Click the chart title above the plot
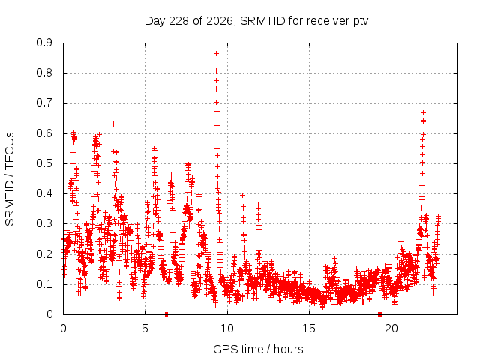(258, 21)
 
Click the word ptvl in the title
(362, 22)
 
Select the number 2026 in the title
(220, 21)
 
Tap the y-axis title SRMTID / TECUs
(10, 179)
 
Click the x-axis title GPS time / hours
(258, 349)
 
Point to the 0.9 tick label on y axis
(44, 43)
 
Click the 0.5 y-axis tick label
(44, 163)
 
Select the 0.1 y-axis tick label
(44, 284)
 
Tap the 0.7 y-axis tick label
(44, 103)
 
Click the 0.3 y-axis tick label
(44, 223)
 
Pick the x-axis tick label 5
(145, 328)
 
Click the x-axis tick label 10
(226, 328)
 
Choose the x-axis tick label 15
(309, 328)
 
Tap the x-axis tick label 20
(391, 328)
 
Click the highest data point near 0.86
(216, 54)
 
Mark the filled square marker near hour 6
(166, 314)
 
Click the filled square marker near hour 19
(380, 314)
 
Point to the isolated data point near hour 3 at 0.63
(113, 124)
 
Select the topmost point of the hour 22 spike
(423, 112)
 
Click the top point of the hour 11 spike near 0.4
(243, 195)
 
